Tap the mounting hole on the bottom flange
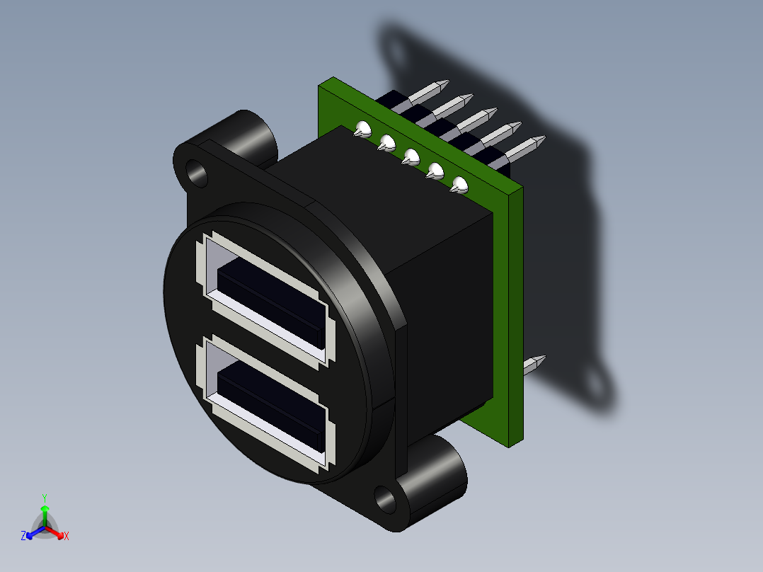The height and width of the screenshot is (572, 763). tap(386, 498)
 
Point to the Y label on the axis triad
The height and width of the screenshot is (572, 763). tap(44, 498)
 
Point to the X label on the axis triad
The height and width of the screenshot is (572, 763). tap(67, 537)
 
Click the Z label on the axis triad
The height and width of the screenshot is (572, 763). tap(23, 537)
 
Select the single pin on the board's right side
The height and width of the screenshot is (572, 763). tap(534, 365)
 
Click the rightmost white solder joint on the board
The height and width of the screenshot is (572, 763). tap(460, 186)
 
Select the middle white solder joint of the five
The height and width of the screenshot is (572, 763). tap(411, 156)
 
